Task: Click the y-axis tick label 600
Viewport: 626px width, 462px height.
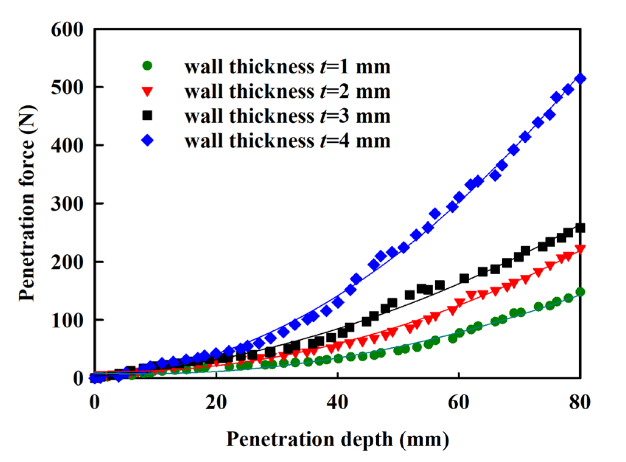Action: [67, 29]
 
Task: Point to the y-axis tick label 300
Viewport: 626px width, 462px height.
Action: [67, 204]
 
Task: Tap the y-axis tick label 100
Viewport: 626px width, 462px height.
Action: [67, 320]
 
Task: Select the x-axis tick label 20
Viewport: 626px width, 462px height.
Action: [216, 402]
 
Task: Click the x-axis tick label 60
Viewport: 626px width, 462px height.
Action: [458, 402]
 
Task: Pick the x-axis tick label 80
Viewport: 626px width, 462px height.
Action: [580, 402]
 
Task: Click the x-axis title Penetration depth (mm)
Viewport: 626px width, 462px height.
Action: [337, 439]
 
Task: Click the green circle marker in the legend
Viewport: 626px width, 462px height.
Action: [147, 66]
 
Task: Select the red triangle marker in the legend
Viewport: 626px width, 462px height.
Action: [147, 91]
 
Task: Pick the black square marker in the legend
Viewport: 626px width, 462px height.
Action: [147, 115]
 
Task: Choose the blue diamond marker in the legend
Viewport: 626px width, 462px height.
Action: [147, 140]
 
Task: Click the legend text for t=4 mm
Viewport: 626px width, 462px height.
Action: [287, 141]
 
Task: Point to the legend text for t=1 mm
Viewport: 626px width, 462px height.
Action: [287, 67]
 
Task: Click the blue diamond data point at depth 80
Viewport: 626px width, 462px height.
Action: [580, 79]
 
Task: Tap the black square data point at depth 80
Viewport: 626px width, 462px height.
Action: [580, 228]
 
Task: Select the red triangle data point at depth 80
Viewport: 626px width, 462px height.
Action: [580, 249]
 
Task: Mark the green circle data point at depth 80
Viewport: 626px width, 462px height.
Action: [580, 292]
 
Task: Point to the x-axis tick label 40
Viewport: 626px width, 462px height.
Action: [337, 402]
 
